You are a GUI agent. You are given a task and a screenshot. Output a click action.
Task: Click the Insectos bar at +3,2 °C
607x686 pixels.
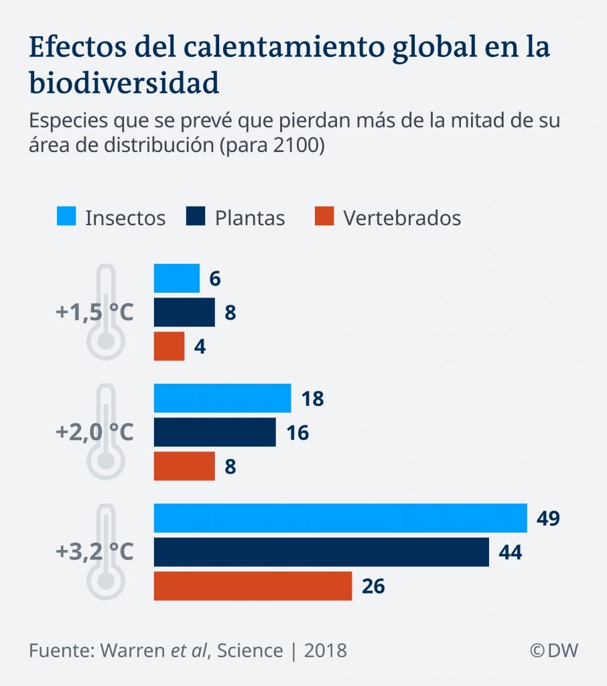[x=340, y=518]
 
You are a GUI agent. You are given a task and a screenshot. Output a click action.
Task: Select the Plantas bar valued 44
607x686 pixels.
[x=322, y=552]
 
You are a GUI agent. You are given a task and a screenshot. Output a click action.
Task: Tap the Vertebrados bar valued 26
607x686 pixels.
[x=253, y=586]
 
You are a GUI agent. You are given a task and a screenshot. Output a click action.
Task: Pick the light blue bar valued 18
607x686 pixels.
[x=222, y=399]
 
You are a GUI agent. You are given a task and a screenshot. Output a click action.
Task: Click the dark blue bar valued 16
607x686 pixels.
[x=214, y=432]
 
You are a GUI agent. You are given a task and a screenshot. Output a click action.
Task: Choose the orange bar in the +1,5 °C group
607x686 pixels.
[x=169, y=346]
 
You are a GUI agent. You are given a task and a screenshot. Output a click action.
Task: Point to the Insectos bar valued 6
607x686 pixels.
[x=177, y=278]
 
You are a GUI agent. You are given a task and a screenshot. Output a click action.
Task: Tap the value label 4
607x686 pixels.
[x=200, y=347]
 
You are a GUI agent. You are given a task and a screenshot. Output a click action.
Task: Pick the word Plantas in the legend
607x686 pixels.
[x=250, y=218]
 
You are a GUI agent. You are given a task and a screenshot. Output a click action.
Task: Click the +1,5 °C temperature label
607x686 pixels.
[x=94, y=312]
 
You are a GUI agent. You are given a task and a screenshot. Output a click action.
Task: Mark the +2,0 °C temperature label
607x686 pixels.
[x=94, y=432]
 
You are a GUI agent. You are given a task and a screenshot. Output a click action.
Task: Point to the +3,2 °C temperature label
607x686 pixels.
[x=94, y=552]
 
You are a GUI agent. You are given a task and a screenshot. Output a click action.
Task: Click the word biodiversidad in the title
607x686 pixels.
[x=124, y=83]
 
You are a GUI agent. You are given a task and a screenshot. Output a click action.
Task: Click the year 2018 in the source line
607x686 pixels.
[x=326, y=650]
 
